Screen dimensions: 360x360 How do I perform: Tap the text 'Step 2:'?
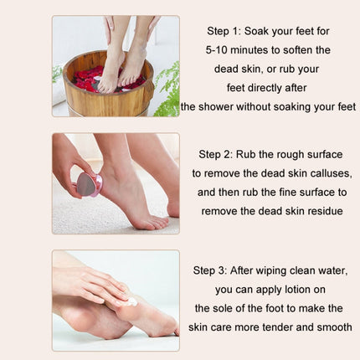(x=218, y=154)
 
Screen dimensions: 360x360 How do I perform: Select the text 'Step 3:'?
(x=213, y=270)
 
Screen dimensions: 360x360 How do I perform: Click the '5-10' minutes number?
(x=219, y=49)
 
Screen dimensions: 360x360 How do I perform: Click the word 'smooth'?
(x=332, y=327)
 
